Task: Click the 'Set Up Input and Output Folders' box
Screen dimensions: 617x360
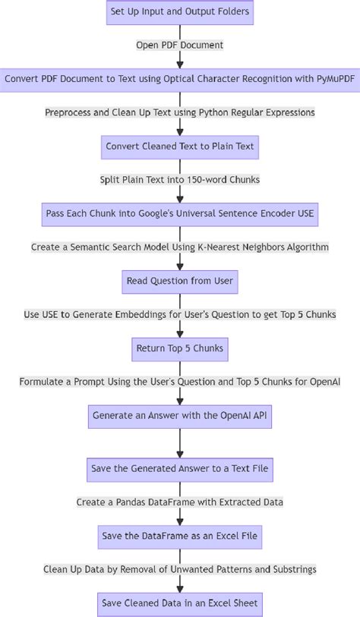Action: [179, 12]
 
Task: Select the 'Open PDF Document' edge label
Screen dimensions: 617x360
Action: [179, 46]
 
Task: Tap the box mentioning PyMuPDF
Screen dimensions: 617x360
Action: [179, 79]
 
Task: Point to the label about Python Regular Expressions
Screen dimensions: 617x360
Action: [179, 112]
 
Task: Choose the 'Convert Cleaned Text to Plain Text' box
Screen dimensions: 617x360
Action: [179, 146]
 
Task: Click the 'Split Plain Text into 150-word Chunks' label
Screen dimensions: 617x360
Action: [179, 180]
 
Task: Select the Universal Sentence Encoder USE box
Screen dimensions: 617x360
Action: [179, 214]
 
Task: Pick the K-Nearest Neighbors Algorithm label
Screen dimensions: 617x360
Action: [179, 247]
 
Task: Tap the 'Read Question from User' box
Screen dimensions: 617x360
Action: [179, 282]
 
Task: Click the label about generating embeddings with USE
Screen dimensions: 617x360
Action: [179, 315]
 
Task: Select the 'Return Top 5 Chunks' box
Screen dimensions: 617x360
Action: [179, 348]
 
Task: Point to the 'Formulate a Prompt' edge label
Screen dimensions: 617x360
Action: [179, 382]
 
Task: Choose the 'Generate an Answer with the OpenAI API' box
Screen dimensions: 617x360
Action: [179, 416]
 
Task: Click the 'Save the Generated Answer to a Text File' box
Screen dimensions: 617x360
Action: [179, 469]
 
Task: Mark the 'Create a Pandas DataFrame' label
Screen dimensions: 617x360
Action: [179, 502]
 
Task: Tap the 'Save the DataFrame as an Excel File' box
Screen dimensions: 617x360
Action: [179, 537]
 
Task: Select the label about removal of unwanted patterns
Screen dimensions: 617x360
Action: [179, 569]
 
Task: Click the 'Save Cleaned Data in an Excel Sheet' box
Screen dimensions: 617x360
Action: [179, 604]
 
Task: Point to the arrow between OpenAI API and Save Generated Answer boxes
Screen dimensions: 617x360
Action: [179, 442]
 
